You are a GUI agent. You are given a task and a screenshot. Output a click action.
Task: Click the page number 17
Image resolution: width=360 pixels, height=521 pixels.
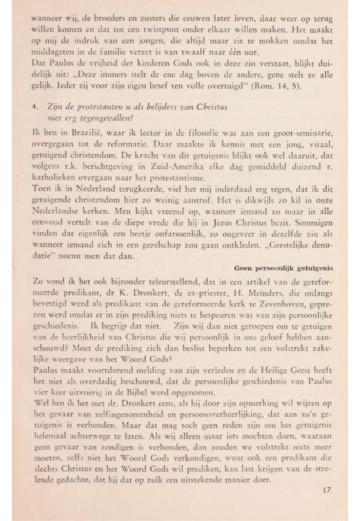[x=326, y=491]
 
